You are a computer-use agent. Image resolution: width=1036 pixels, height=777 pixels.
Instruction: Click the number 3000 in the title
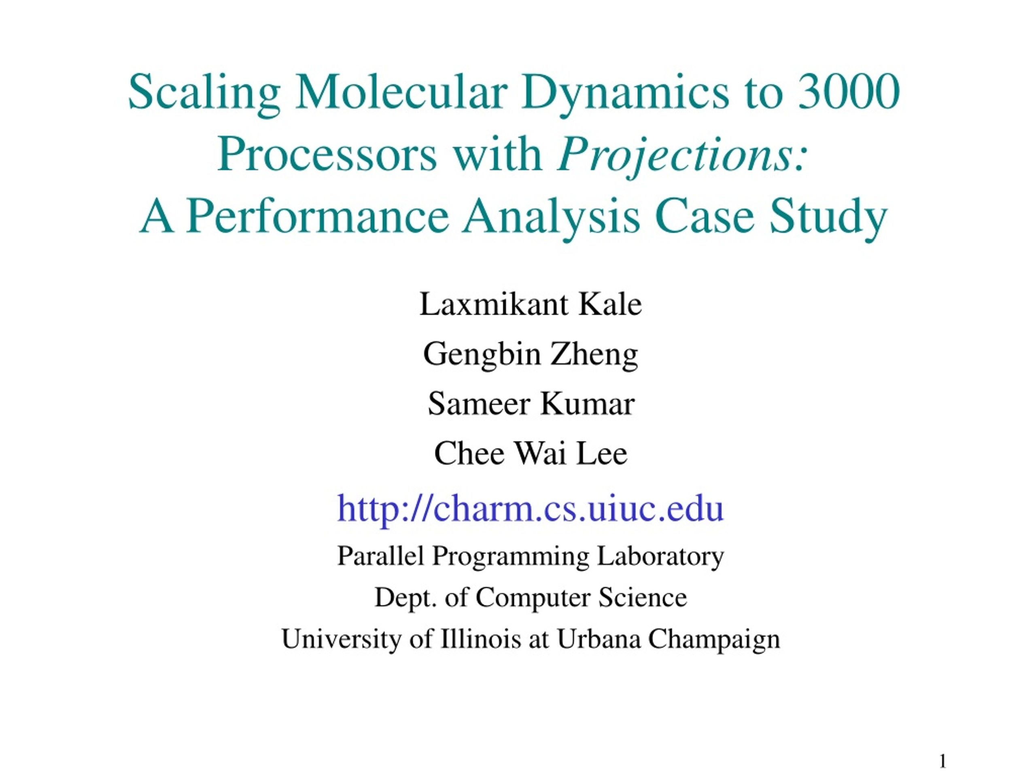(x=849, y=91)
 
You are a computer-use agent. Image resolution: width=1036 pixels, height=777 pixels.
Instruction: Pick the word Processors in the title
(x=327, y=155)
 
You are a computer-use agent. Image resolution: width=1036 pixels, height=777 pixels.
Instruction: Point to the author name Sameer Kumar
(x=531, y=404)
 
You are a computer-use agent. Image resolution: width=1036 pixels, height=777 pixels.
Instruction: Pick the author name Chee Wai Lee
(x=531, y=454)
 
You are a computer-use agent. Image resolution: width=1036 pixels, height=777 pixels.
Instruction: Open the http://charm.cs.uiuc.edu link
(x=531, y=509)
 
